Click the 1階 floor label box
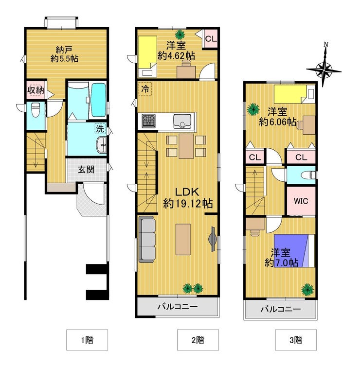point(87,340)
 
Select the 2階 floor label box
point(198,340)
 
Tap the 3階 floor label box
point(296,340)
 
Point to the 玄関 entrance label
point(86,170)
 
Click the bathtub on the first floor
point(98,101)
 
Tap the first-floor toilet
point(36,110)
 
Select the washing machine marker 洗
point(100,128)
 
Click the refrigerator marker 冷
point(145,88)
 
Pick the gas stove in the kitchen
point(148,121)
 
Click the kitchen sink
point(182,121)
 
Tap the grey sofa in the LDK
point(147,239)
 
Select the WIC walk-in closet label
point(301,201)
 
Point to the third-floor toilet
point(309,175)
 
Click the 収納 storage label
point(36,90)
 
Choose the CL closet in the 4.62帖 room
point(211,39)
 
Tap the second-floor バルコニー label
point(177,306)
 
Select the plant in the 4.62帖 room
point(180,35)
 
